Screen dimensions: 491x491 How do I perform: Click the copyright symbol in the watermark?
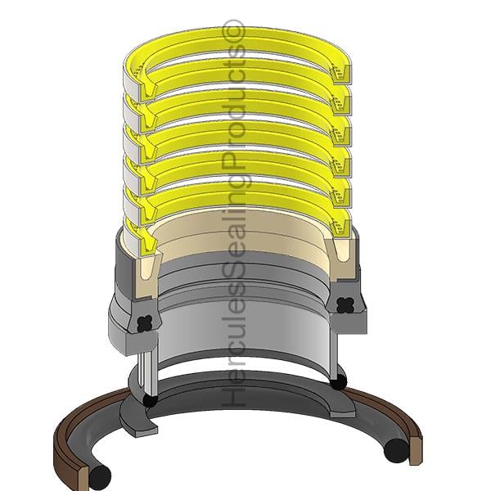[x=233, y=30]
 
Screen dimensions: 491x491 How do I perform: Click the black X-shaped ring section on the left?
[x=145, y=323]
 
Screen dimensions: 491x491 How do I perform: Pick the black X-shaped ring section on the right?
[x=345, y=304]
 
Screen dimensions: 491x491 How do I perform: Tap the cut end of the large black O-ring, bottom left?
[x=100, y=477]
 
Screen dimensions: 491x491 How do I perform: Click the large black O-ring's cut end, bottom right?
[x=396, y=451]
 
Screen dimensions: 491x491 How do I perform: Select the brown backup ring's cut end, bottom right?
[x=417, y=452]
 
